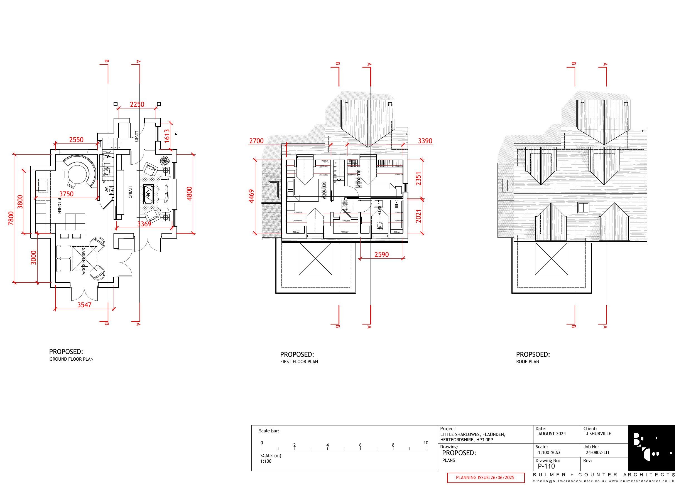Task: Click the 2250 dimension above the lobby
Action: pos(137,104)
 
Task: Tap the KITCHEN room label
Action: pos(59,206)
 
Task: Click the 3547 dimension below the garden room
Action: pos(84,304)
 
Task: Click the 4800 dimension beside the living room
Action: pos(189,194)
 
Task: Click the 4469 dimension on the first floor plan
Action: pos(252,196)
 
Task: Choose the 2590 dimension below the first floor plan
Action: pos(381,254)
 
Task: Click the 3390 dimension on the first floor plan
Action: pos(425,141)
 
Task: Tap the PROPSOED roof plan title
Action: pos(533,355)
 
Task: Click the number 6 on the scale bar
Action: pos(360,445)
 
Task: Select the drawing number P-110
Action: pos(546,466)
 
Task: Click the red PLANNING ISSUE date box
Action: pos(485,477)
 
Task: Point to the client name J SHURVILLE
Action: pos(598,433)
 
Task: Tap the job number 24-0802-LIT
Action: pos(597,452)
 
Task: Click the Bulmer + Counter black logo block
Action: pos(651,448)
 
